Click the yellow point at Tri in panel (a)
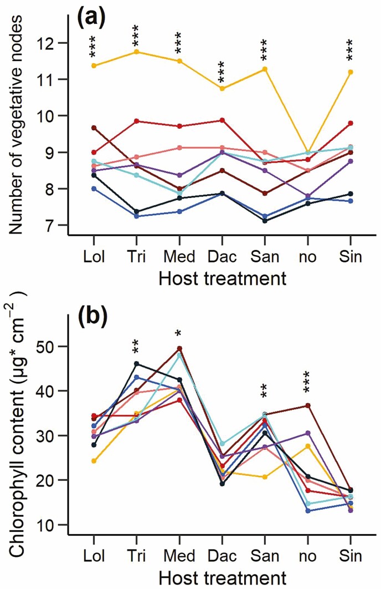pos(136,52)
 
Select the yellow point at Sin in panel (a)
pos(351,72)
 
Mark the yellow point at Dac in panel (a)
pos(222,88)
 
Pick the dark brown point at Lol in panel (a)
pos(94,128)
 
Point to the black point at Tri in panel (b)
pos(136,364)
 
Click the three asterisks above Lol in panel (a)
pos(94,49)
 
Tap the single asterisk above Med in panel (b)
pos(179,334)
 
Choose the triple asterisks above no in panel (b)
pos(308,383)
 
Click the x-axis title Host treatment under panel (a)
pos(222,278)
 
